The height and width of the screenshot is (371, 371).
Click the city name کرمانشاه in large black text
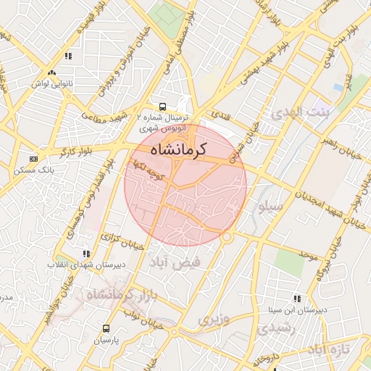178,149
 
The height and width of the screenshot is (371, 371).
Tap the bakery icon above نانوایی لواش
51,72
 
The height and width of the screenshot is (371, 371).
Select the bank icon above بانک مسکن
33,159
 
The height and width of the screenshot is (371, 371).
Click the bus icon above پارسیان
108,328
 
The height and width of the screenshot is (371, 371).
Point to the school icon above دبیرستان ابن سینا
297,298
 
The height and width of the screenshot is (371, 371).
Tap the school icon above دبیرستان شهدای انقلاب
87,254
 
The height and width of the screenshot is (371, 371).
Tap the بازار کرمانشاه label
122,295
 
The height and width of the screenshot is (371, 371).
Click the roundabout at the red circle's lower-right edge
227,236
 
